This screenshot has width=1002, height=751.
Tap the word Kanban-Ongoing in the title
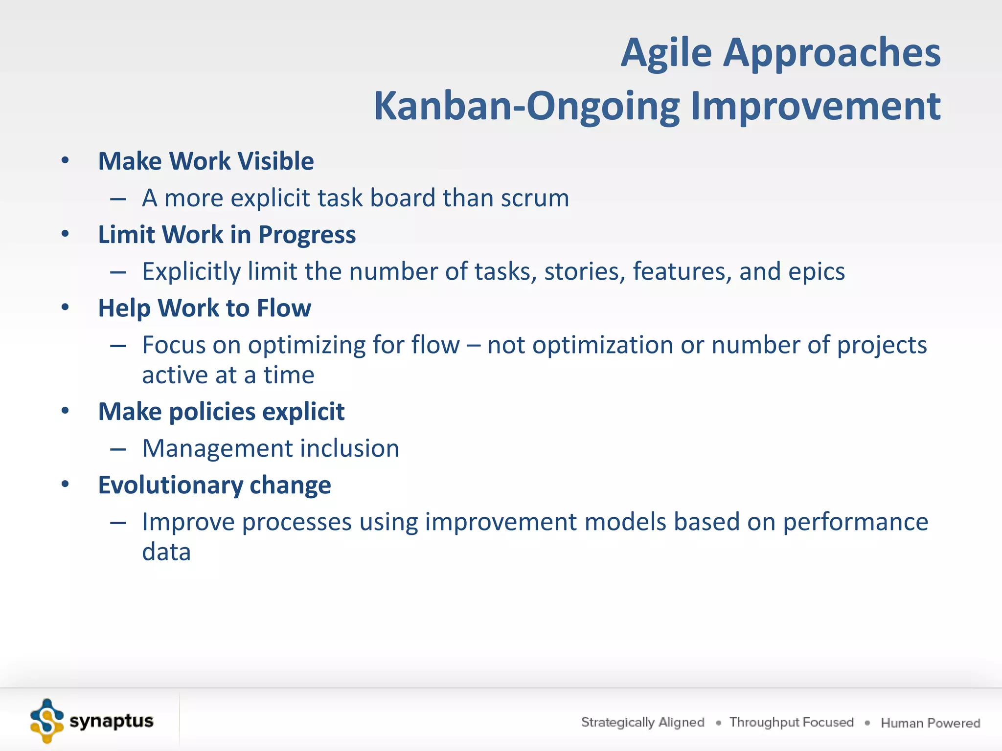coord(526,107)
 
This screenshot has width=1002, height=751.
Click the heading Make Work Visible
coord(206,161)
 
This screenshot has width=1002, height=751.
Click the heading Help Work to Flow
coord(205,309)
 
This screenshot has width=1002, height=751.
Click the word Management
coord(217,449)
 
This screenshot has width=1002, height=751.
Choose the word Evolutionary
coord(171,486)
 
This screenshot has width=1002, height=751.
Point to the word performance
coord(856,523)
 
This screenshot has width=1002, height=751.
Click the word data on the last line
coord(166,552)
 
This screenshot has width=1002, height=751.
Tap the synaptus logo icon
coord(47,721)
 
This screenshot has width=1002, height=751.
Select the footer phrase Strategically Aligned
coord(643,722)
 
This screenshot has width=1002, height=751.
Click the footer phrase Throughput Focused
coord(792,722)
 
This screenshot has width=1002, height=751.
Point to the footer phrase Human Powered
coord(931,723)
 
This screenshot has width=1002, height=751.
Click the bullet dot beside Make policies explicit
coord(65,411)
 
